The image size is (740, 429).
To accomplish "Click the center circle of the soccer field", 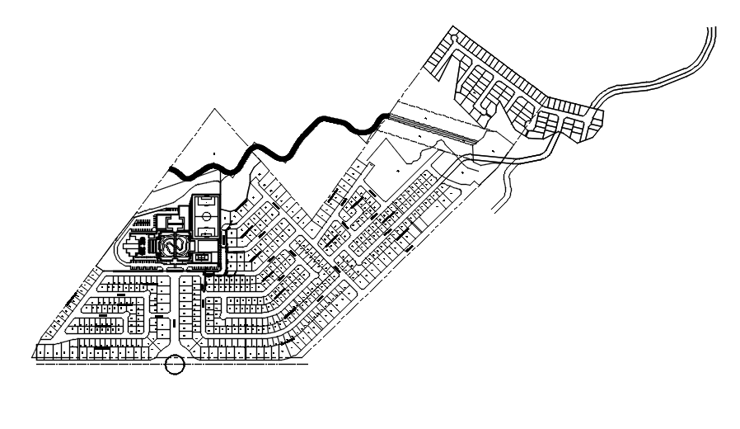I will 206,215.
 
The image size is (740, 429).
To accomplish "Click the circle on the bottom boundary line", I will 175,364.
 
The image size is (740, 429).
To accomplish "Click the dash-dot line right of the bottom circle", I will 247,363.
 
